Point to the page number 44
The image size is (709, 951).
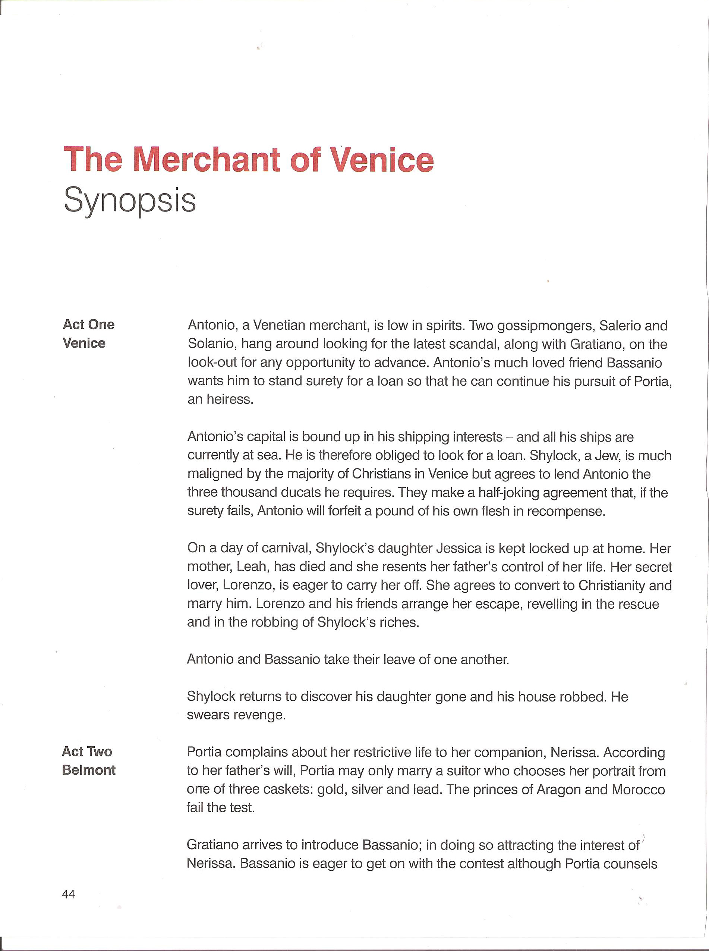coord(68,894)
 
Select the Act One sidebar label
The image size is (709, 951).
coord(88,324)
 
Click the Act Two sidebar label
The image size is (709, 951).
coord(87,751)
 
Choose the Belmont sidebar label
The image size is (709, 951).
coord(89,770)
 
